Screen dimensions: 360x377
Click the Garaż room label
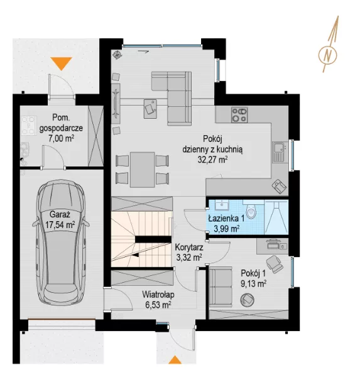point(60,214)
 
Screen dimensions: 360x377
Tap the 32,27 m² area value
point(212,160)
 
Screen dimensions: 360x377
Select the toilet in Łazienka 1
point(251,210)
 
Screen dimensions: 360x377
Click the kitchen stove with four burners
point(239,115)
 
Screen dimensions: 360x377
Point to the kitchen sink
point(279,151)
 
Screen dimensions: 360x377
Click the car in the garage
point(61,243)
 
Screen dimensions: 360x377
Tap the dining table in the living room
point(143,170)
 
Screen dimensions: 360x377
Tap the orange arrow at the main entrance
point(175,359)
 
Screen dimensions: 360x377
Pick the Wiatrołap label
point(158,295)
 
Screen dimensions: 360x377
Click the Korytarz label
point(189,247)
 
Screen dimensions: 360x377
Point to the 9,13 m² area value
point(253,284)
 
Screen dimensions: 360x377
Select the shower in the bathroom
point(276,217)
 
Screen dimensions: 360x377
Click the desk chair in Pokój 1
point(275,264)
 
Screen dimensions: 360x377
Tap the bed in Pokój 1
point(221,287)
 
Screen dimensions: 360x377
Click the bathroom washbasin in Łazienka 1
point(222,205)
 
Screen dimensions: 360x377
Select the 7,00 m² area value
point(61,138)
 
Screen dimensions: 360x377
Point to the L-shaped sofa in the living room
point(172,98)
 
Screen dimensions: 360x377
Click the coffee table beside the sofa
point(150,109)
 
